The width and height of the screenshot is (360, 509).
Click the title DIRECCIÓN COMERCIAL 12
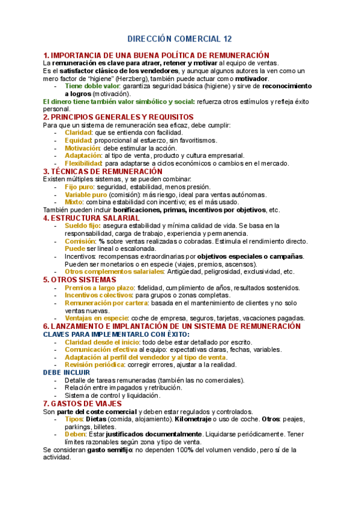click(x=179, y=39)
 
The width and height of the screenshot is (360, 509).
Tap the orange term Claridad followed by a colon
click(x=78, y=132)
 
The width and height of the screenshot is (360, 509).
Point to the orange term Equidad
click(x=77, y=140)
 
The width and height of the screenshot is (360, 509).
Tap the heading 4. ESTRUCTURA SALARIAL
click(x=92, y=218)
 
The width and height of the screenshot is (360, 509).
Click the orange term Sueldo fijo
click(x=82, y=226)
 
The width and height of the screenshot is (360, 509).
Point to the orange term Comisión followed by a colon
click(x=79, y=241)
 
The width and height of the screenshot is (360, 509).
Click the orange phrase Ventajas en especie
click(x=96, y=318)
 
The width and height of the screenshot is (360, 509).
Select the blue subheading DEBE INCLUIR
click(x=66, y=372)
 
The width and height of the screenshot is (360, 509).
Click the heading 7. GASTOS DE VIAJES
click(x=83, y=403)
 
